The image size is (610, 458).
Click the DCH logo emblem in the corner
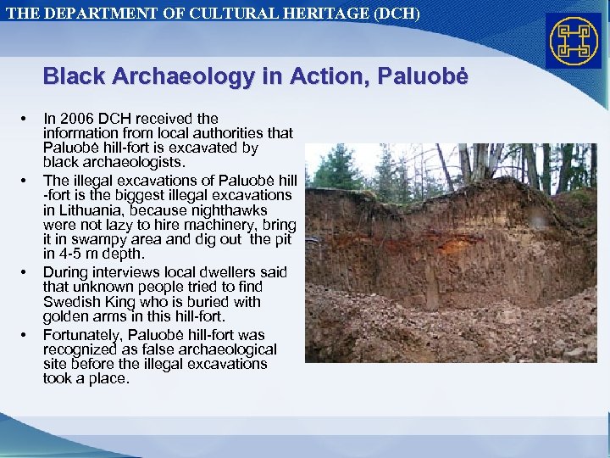[x=574, y=41]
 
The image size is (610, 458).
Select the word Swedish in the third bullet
[x=72, y=302]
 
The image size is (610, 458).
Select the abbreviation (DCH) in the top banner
[x=394, y=14]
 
